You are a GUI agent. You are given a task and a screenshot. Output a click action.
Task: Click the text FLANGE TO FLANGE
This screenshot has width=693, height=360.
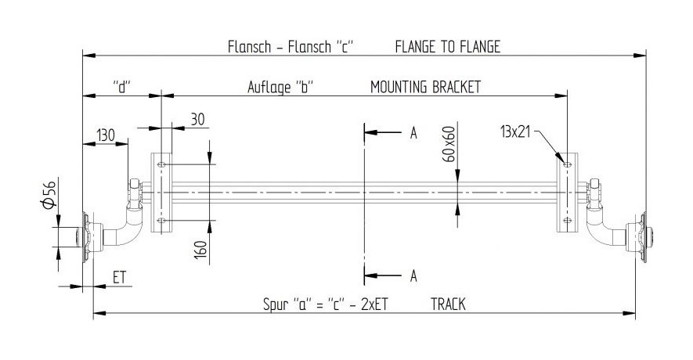pos(448,46)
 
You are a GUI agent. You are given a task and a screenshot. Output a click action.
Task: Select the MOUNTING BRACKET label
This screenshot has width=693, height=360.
pos(425,87)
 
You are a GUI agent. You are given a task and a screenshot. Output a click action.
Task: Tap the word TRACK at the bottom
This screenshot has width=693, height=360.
pos(448,304)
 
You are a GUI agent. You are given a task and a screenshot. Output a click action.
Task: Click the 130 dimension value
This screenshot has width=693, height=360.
pos(106,135)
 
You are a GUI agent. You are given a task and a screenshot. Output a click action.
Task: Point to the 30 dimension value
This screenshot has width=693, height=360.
pos(197,119)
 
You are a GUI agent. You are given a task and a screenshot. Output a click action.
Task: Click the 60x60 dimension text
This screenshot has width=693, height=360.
pos(449,144)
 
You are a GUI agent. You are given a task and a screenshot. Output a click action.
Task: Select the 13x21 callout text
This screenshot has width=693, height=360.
pos(515,131)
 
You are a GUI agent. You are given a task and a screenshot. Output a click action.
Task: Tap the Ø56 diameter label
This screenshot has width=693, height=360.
pos(49,194)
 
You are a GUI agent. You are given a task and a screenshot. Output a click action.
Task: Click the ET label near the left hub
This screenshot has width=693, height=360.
pos(119,277)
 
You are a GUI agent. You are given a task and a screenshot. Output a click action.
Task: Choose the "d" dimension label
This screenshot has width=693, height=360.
pos(123,87)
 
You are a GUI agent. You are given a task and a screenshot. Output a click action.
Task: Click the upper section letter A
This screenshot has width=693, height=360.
pos(413,132)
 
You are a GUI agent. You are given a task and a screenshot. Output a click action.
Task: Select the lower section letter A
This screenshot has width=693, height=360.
pos(413,276)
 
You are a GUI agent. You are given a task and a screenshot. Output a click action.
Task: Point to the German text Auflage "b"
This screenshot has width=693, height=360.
pos(280,87)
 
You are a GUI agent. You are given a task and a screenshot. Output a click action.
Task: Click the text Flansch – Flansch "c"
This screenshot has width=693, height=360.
pos(291,46)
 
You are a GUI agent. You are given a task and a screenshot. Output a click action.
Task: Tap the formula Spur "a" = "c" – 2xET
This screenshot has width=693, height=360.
pos(325,304)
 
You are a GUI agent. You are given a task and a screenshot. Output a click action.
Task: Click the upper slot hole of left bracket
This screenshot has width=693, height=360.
pos(161,164)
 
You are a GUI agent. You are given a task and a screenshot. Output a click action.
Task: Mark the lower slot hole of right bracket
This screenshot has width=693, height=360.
pos(568,220)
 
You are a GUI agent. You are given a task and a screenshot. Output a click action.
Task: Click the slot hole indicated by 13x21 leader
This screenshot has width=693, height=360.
pos(568,164)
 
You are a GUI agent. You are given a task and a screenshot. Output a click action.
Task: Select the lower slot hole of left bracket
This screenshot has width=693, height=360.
pos(161,220)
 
